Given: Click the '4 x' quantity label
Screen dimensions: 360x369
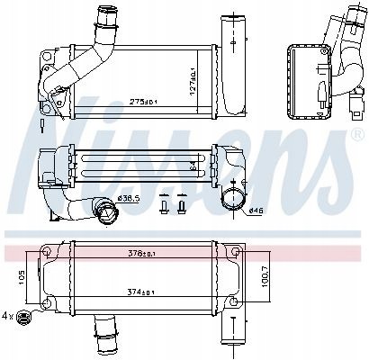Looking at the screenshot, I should pyautogui.click(x=8, y=317).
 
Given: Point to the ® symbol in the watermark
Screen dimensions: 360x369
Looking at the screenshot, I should pyautogui.click(x=355, y=137).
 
